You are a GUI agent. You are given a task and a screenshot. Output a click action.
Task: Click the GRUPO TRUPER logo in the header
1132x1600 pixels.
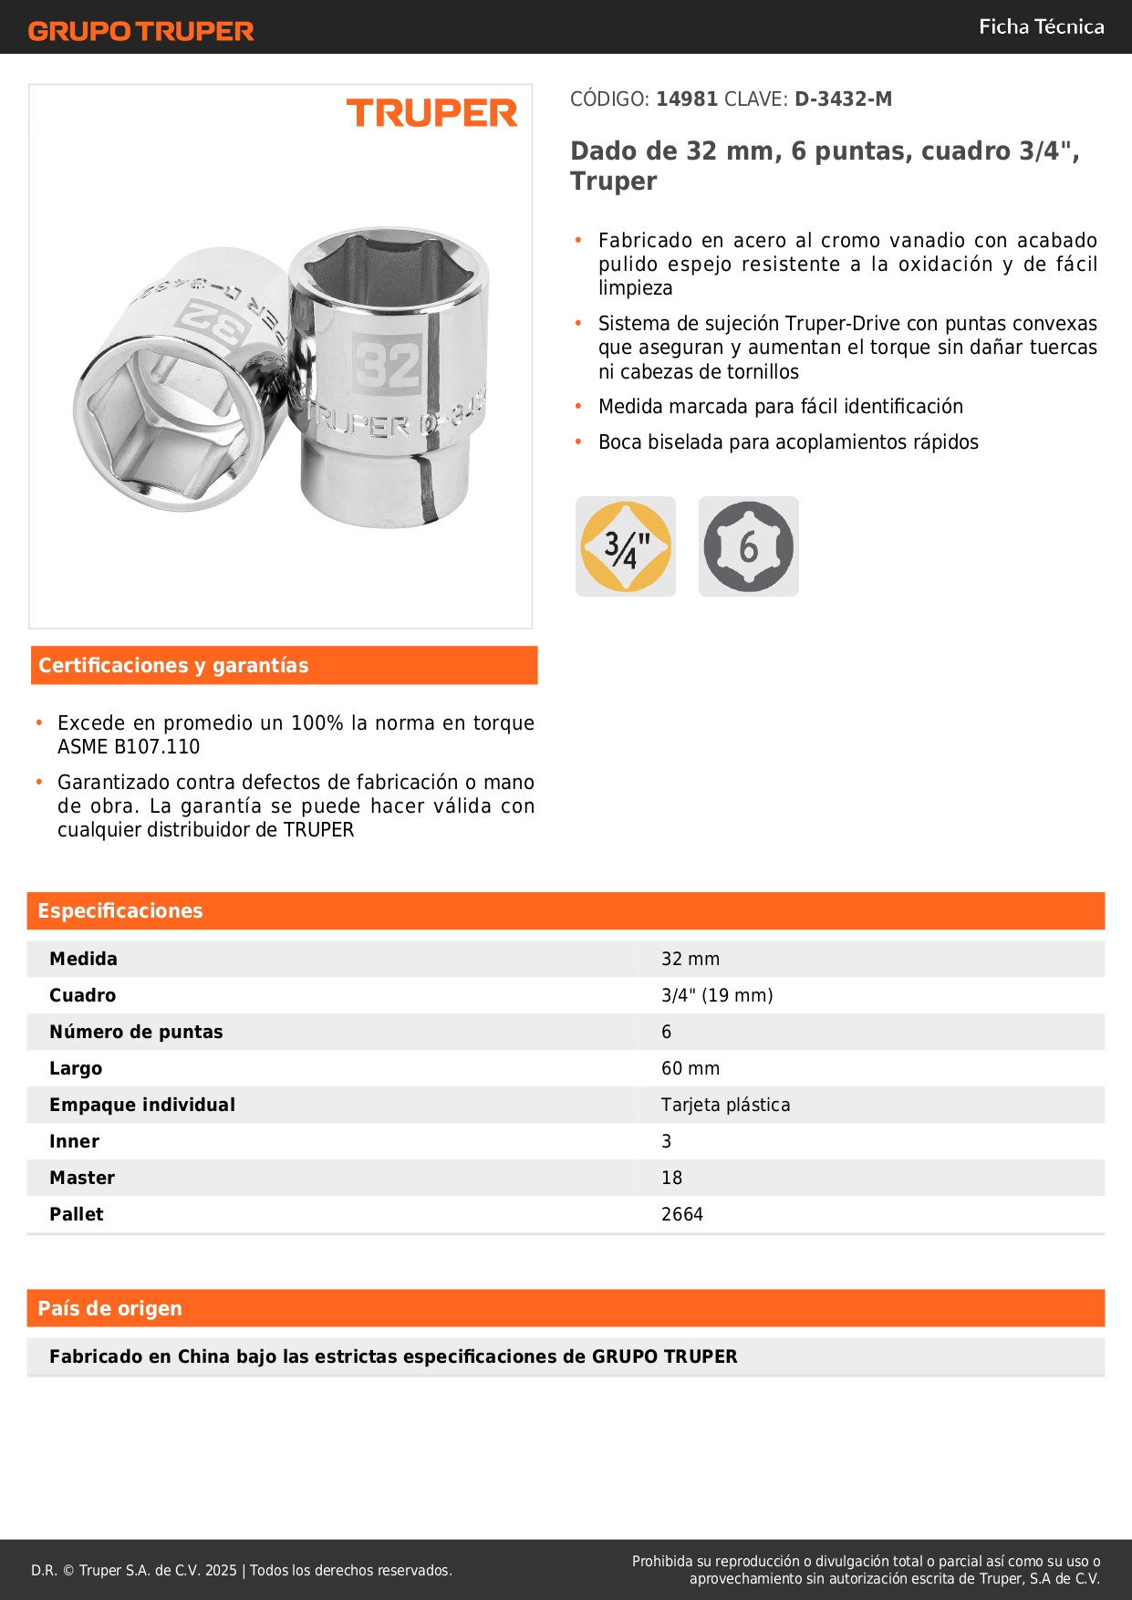tap(140, 31)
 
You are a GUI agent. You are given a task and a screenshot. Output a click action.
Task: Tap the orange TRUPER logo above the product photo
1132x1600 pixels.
tap(431, 113)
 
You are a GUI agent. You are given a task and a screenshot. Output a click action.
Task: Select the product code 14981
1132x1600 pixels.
tap(687, 99)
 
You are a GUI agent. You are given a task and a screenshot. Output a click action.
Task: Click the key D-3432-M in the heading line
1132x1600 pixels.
tap(843, 99)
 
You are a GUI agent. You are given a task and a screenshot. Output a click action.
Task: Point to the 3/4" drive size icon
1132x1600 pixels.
tap(626, 546)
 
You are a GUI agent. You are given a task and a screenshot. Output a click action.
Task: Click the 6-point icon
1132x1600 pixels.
tap(748, 546)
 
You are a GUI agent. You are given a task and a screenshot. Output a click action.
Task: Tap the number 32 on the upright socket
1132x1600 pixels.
tap(388, 365)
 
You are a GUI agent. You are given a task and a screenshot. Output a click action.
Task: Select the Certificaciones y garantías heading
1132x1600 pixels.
tap(173, 666)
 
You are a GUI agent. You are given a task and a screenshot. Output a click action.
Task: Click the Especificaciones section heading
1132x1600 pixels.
tap(120, 911)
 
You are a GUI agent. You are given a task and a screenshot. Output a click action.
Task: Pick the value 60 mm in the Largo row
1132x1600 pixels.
tap(691, 1068)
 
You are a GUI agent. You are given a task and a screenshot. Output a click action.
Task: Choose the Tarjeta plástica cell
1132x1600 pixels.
tap(725, 1105)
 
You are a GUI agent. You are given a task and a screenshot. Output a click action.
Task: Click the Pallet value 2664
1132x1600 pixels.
tap(682, 1214)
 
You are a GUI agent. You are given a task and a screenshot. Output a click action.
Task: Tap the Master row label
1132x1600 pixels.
tap(82, 1178)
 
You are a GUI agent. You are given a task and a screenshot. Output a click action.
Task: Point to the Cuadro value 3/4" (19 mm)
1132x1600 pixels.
tap(717, 995)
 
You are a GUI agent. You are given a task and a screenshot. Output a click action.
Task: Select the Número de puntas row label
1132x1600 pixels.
tap(136, 1032)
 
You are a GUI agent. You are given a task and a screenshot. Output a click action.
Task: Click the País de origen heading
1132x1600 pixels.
tap(109, 1309)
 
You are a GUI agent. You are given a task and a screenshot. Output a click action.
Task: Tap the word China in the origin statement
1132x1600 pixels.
tap(203, 1356)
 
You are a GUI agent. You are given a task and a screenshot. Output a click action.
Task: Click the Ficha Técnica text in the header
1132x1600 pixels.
tap(1041, 27)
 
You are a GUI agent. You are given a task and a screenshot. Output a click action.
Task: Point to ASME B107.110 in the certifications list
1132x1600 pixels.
tap(129, 747)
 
